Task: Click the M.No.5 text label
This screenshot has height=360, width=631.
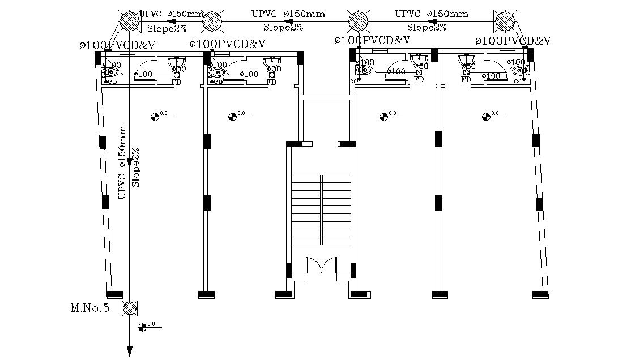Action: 89,308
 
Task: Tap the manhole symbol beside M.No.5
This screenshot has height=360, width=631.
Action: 130,308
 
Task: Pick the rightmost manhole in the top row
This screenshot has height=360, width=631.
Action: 505,22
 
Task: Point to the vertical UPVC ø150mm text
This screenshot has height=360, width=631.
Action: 122,170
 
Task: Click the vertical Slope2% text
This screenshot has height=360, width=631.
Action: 135,168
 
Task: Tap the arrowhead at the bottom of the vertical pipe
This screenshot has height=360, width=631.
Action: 130,352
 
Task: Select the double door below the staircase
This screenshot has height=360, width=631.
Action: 321,266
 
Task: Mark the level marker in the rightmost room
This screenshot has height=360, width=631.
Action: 486,117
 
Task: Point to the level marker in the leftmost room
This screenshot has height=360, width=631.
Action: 155,117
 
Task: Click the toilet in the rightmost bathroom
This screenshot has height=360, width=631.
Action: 518,72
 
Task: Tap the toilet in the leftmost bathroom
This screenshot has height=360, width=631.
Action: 112,72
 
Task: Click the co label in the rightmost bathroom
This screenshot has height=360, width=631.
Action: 518,82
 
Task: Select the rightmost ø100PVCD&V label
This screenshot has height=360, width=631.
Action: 513,41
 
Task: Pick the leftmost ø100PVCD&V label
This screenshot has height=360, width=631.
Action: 117,44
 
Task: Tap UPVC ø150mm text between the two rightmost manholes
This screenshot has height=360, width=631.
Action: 432,14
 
